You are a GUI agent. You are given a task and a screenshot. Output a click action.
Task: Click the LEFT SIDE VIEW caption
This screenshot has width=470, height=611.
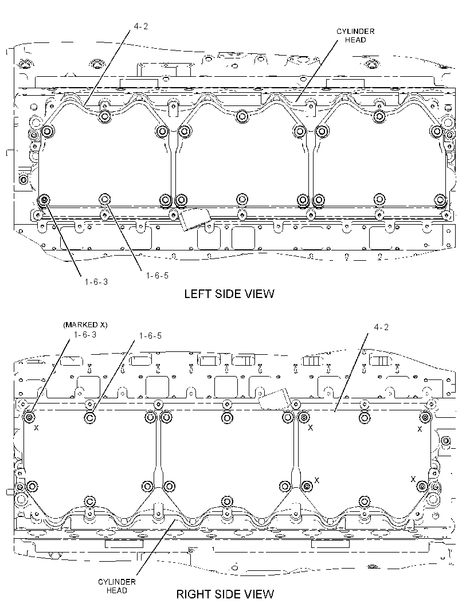click(229, 293)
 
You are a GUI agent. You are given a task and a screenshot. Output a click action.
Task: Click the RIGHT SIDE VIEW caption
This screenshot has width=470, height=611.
click(225, 594)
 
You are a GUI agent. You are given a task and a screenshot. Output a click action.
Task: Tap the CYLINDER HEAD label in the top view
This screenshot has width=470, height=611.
click(355, 36)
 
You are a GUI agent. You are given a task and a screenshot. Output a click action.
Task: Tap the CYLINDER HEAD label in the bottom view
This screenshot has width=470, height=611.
click(116, 586)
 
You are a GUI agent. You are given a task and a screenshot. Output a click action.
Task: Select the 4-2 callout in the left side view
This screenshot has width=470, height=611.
click(140, 26)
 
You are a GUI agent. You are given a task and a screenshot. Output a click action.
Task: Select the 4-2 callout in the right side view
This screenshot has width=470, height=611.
click(381, 327)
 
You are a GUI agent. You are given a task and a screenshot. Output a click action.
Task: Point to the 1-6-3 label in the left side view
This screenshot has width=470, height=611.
click(96, 282)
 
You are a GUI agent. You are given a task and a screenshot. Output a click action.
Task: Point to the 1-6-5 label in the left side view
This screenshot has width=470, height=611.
click(157, 276)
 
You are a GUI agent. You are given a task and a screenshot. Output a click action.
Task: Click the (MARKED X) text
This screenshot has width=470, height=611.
click(85, 324)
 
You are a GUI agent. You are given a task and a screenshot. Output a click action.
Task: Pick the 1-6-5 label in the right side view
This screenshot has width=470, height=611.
click(150, 335)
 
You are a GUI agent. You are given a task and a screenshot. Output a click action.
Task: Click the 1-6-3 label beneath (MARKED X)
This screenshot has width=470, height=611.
click(85, 334)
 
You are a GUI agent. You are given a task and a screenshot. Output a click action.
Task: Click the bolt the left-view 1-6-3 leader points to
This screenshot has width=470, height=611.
click(44, 200)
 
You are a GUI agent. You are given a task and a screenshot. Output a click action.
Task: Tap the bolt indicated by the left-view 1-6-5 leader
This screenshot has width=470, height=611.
click(104, 199)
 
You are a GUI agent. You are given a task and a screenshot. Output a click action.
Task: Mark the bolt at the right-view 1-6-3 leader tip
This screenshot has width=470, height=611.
click(29, 417)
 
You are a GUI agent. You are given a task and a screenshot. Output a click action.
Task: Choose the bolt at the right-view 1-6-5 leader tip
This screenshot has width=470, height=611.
click(89, 417)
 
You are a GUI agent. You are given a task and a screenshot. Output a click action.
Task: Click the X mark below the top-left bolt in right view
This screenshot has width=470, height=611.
click(36, 428)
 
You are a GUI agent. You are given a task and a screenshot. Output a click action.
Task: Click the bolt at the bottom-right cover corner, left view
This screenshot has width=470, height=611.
click(441, 200)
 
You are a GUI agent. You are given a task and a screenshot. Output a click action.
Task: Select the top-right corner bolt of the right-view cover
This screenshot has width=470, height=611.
click(425, 417)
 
